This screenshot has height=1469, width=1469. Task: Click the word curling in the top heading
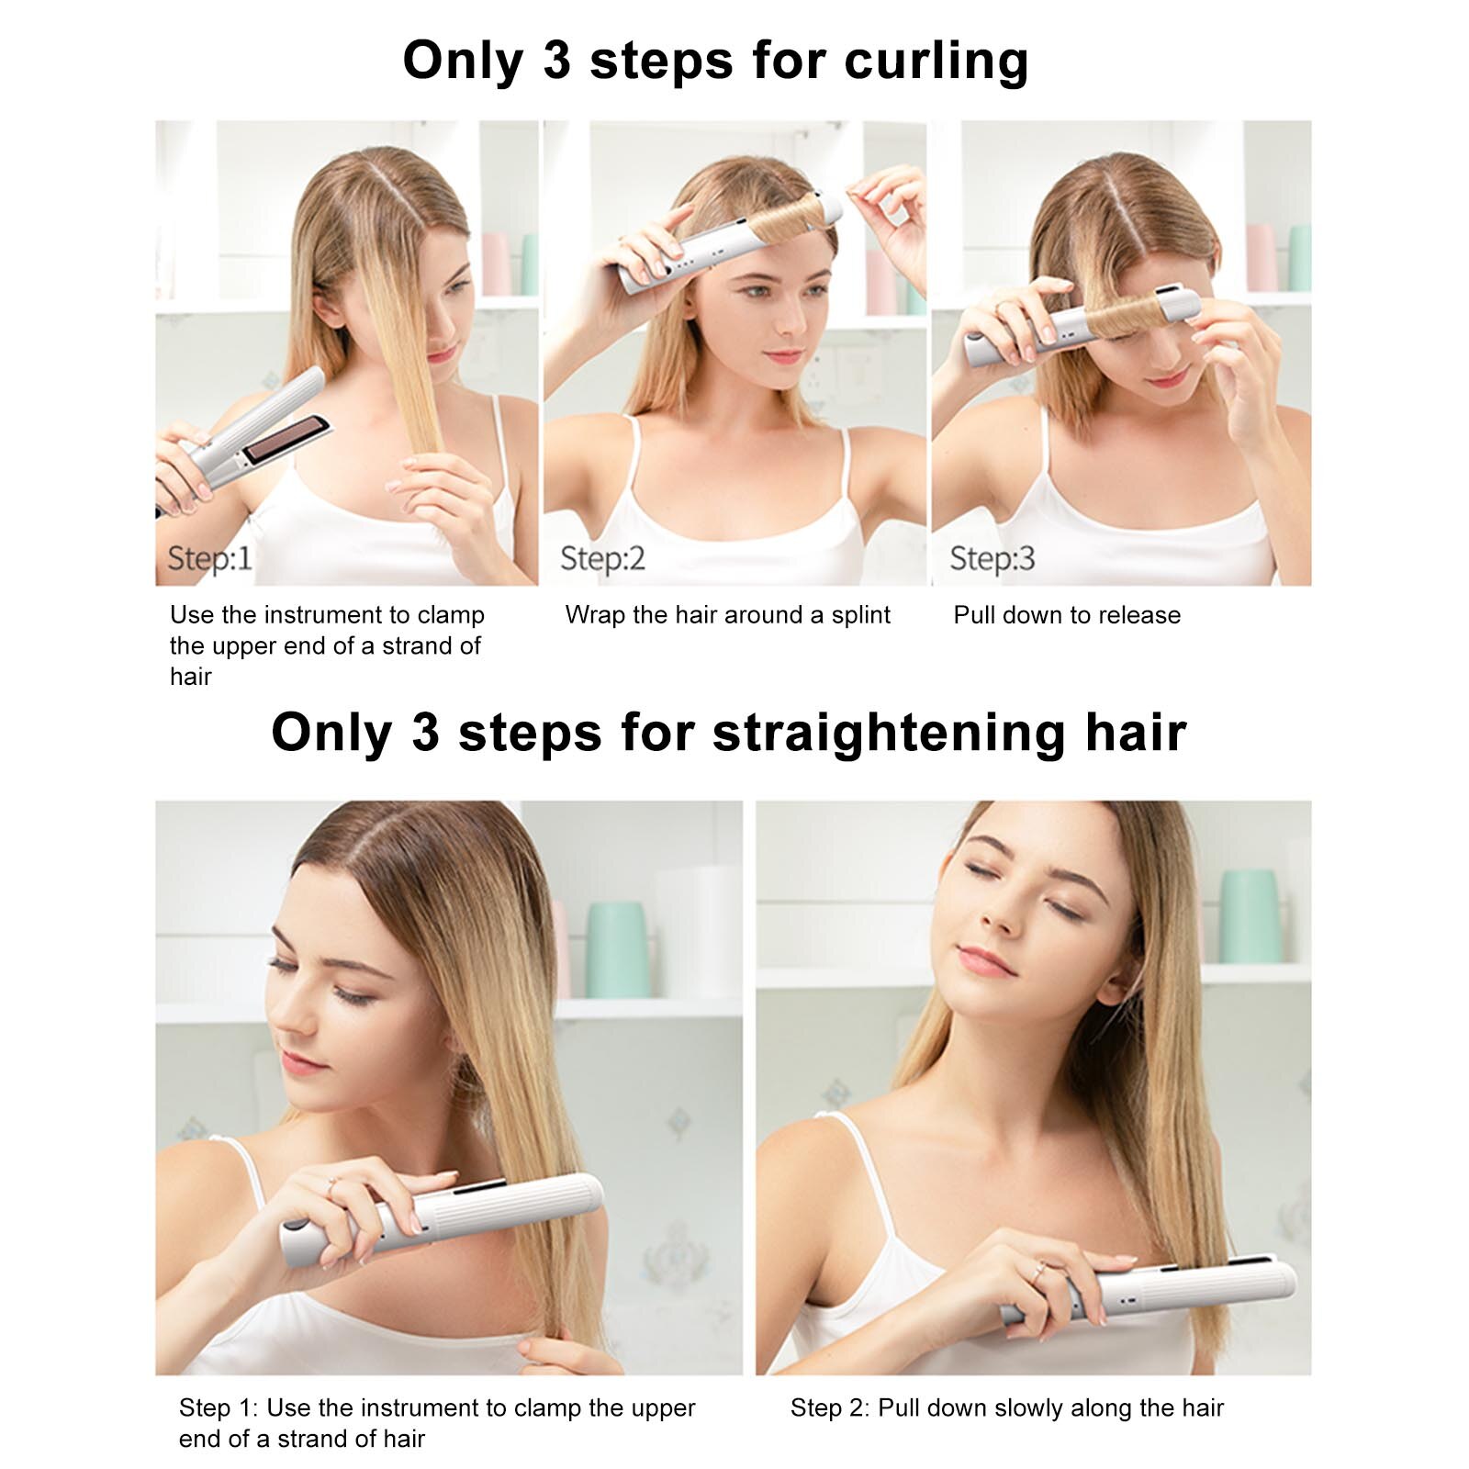(936, 62)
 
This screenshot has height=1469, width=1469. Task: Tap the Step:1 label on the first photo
(209, 558)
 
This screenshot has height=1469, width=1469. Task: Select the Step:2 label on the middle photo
(602, 558)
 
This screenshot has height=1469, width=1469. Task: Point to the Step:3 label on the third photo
(992, 558)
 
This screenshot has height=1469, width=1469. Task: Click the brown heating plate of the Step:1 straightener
(285, 439)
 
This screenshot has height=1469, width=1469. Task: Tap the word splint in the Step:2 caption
(860, 615)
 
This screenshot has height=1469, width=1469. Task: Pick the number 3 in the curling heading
(556, 62)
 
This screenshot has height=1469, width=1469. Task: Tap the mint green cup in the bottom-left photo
(618, 949)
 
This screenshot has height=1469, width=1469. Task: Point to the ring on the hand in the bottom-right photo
(1038, 1270)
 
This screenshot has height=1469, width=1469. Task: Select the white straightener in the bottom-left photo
(442, 1218)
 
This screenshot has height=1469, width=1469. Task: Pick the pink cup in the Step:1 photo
(496, 264)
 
